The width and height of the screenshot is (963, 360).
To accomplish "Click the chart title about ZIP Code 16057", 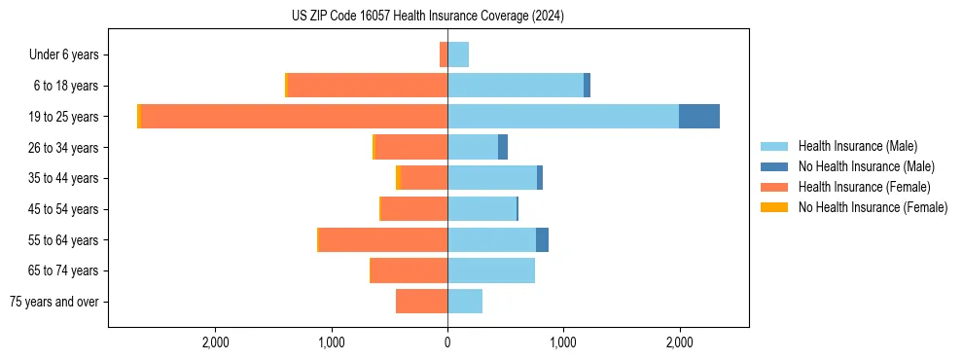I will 427,17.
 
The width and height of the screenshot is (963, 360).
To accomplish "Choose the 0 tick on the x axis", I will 447,342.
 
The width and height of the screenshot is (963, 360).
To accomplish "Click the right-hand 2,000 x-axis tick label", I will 679,342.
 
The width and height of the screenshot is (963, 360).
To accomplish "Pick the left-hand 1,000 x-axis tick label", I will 332,342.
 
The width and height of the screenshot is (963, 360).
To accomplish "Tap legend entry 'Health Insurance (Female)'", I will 864,187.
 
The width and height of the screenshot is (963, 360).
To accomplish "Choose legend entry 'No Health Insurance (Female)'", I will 873,207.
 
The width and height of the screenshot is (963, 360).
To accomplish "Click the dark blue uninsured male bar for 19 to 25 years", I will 699,117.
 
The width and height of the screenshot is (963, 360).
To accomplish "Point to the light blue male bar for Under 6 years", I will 458,54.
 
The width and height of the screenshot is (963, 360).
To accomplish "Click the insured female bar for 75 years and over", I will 421,302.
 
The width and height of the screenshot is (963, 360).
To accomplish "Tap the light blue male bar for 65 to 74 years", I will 491,270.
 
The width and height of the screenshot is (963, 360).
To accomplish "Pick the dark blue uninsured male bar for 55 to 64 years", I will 542,239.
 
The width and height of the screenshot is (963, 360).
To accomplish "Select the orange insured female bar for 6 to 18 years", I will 368,86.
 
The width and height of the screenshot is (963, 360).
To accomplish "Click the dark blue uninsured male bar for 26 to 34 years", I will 503,147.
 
